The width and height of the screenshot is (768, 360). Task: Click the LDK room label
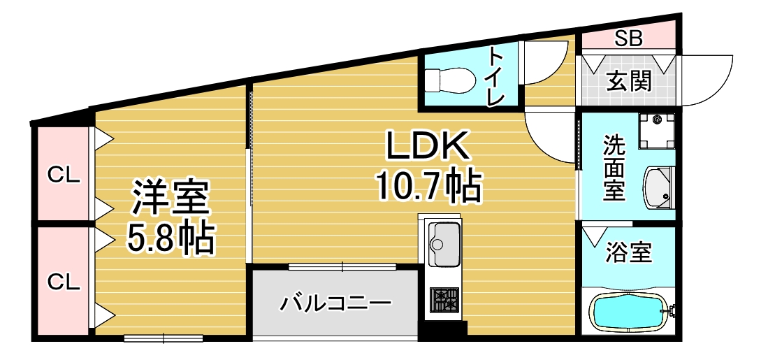[x=427, y=147]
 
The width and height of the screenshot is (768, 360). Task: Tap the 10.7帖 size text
[x=427, y=187]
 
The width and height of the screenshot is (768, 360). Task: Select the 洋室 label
[x=171, y=198]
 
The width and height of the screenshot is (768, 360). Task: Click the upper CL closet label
[x=63, y=175]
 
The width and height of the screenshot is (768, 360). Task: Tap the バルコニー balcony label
[x=335, y=304]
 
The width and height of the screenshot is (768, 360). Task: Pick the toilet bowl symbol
[x=447, y=78]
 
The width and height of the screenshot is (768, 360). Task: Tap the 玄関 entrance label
[x=628, y=82]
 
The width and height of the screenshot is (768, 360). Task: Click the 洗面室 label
[x=614, y=168]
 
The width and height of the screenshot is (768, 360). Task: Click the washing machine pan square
[x=657, y=131]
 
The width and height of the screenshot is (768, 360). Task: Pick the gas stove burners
[x=443, y=301]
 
